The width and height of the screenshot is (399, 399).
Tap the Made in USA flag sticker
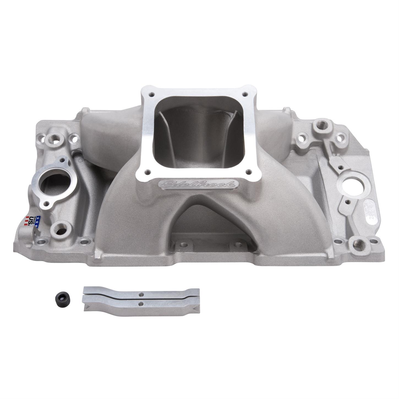pos(32,220)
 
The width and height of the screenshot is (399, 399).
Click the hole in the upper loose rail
pos(141,293)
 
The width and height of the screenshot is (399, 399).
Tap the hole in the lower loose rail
pos(141,304)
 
